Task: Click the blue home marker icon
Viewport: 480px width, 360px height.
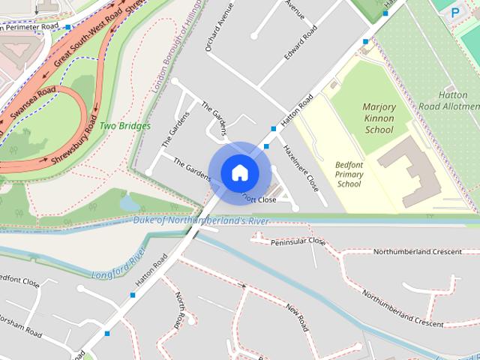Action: (x=239, y=172)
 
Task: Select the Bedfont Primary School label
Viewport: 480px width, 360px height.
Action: (x=349, y=174)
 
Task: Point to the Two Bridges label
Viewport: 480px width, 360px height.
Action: (x=125, y=126)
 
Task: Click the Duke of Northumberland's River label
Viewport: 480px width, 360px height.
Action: (x=201, y=220)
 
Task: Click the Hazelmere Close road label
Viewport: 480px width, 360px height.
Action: (x=301, y=166)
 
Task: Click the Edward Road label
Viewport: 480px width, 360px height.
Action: (x=300, y=44)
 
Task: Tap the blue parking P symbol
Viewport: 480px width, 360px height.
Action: (x=454, y=13)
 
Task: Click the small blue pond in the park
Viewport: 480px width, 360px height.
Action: (x=129, y=202)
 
